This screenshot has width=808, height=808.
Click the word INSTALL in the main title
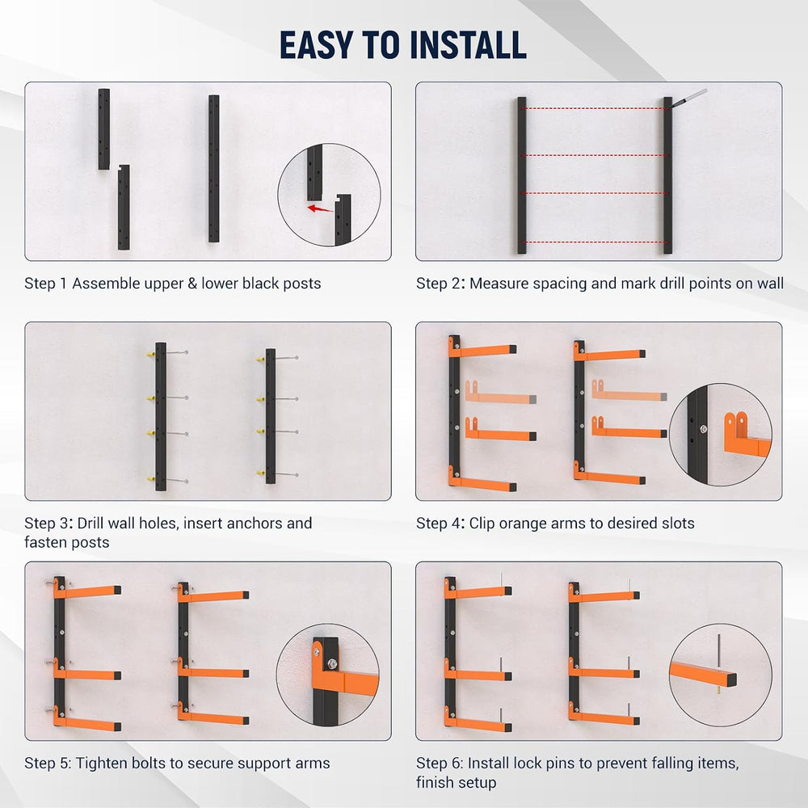[x=469, y=44]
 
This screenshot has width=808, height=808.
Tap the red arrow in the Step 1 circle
[x=320, y=208]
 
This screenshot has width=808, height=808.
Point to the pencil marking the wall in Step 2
[x=688, y=98]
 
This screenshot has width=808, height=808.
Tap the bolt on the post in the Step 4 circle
[x=703, y=429]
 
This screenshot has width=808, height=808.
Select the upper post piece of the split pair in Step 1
[x=104, y=128]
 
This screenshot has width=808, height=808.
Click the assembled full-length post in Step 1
[x=214, y=169]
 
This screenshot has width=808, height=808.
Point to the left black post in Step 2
[x=522, y=175]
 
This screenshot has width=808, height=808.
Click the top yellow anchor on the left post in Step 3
[x=150, y=355]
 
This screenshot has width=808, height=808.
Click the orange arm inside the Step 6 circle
[x=703, y=674]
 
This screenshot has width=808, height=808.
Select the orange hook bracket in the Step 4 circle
[x=746, y=436]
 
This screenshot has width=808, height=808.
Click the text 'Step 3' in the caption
[x=45, y=523]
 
